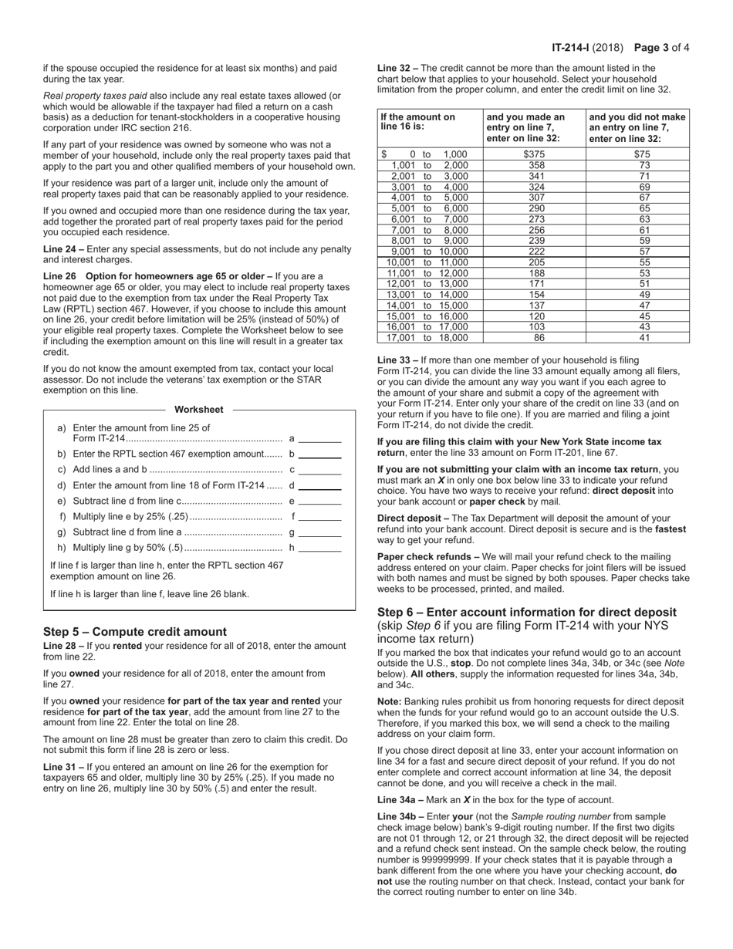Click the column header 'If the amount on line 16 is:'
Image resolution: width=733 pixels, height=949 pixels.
417,122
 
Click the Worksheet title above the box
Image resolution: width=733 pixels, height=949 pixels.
198,410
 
